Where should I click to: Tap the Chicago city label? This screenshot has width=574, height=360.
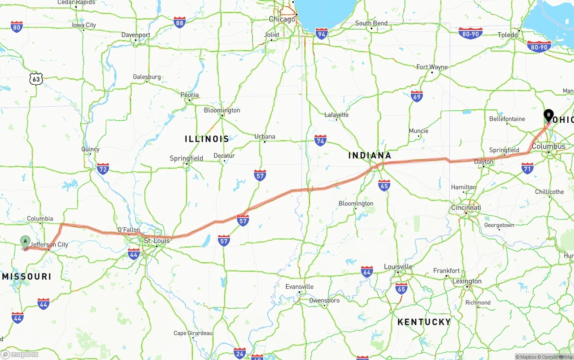tap(282, 19)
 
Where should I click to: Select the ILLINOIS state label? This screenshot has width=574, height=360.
tap(207, 139)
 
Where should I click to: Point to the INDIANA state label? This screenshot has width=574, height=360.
tap(370, 156)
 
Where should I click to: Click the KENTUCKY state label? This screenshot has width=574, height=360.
tap(424, 322)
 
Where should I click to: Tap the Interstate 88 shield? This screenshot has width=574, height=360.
tap(180, 22)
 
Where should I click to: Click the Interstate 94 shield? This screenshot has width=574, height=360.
tap(321, 33)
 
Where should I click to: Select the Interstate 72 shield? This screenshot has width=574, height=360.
tap(103, 169)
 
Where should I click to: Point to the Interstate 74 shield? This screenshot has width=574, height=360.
tap(320, 140)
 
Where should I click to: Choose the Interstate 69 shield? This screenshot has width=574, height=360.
tap(417, 96)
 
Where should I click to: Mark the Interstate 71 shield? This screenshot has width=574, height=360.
tap(527, 168)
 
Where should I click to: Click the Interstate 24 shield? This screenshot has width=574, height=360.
tap(239, 353)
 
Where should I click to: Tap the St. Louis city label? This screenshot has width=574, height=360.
tap(157, 241)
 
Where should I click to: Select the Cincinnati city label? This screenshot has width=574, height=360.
tap(466, 208)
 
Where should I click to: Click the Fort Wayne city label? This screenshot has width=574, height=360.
tap(432, 67)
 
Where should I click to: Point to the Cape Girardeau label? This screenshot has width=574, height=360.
tap(193, 333)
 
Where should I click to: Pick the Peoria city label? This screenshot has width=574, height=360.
tap(189, 95)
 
